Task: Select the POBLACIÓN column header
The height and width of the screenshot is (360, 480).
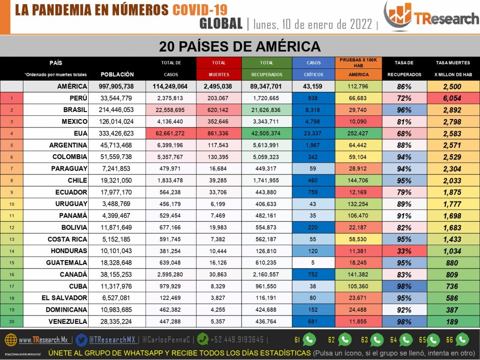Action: pos(117,75)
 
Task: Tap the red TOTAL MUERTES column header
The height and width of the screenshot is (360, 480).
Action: pos(218,68)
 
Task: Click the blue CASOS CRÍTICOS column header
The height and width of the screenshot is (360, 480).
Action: pos(314,68)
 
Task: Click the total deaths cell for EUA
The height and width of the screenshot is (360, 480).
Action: pos(218,133)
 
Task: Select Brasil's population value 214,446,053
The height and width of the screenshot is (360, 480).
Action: pos(117,110)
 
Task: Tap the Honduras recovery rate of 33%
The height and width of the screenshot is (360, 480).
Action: pos(404,251)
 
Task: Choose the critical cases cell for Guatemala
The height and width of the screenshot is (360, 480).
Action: pos(314,263)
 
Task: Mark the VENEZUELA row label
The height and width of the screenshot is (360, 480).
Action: pos(68,322)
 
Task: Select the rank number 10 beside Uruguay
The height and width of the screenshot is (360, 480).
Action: pos(12,204)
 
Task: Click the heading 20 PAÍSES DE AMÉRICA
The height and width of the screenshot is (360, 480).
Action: pos(240,46)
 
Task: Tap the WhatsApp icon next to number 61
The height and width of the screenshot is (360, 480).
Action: pos(310,339)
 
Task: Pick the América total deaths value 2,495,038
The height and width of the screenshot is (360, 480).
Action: pos(218,86)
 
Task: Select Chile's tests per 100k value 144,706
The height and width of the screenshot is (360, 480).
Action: pos(359,180)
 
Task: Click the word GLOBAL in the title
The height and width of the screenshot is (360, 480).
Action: pos(221,23)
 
